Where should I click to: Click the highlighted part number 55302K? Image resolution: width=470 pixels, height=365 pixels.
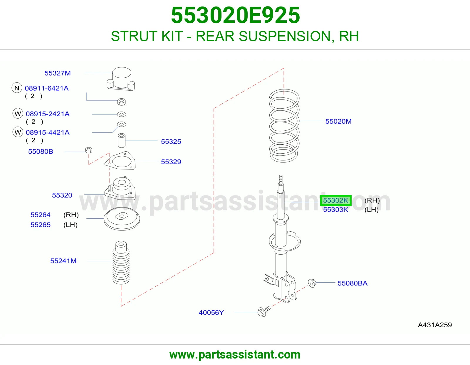click(x=335, y=200)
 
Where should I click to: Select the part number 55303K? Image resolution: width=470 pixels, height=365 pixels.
click(x=335, y=210)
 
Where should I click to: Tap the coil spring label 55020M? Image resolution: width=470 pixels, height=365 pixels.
click(x=338, y=121)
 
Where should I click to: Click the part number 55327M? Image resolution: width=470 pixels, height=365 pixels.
click(x=58, y=73)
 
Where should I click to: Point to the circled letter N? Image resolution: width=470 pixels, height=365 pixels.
click(x=17, y=88)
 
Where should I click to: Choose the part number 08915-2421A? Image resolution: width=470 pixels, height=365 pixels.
click(x=48, y=114)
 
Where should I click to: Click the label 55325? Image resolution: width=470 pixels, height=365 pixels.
click(x=171, y=142)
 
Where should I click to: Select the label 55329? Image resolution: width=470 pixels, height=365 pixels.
click(x=171, y=162)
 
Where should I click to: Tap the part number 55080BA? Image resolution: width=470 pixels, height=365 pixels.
click(x=352, y=283)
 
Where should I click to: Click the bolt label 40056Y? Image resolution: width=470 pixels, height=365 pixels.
click(x=211, y=313)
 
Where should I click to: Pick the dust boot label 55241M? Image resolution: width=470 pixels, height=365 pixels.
click(x=63, y=261)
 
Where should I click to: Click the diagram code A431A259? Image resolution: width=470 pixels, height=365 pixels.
click(x=435, y=325)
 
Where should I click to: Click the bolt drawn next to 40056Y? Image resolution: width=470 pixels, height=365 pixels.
click(x=264, y=311)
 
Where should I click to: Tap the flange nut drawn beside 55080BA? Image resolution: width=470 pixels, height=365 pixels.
click(x=312, y=283)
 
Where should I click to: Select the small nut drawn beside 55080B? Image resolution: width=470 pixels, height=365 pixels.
click(x=89, y=150)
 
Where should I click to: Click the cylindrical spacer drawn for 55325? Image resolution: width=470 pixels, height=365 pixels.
click(x=122, y=140)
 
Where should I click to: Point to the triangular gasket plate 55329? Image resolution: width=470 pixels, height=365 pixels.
click(x=120, y=161)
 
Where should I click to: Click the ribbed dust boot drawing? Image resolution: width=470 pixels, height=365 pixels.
click(x=121, y=263)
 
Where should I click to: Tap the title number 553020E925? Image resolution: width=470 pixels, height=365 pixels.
click(x=235, y=15)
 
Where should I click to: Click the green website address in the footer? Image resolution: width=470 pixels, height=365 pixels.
click(x=235, y=355)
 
